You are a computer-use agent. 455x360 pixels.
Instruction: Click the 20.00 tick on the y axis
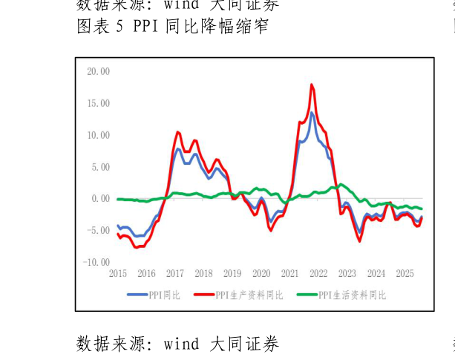coord(98,71)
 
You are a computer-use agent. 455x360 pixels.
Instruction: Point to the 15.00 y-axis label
coord(98,103)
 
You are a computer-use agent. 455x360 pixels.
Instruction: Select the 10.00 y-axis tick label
coord(98,135)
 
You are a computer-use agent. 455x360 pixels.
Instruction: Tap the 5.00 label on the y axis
coord(100,167)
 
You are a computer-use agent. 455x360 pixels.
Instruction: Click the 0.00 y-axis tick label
coord(100,199)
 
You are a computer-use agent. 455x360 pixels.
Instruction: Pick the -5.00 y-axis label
coord(99,231)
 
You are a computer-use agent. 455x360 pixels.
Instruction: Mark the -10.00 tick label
coord(97,263)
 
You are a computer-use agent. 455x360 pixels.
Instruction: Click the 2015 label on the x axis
coord(118,273)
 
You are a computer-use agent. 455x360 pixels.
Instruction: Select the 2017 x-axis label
coord(175,273)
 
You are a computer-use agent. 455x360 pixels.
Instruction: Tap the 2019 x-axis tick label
coord(232,273)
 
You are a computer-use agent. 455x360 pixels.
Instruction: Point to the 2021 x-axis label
coord(290,273)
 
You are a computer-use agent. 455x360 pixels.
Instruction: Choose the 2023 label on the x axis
coord(347,273)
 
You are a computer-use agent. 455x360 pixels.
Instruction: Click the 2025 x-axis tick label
coord(405,273)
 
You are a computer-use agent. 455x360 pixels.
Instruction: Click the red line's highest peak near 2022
coord(312,85)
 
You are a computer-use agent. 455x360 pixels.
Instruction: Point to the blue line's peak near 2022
coord(312,114)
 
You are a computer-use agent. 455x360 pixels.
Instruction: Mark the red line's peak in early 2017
coord(178,132)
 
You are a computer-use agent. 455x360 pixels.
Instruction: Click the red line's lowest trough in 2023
coord(360,240)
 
